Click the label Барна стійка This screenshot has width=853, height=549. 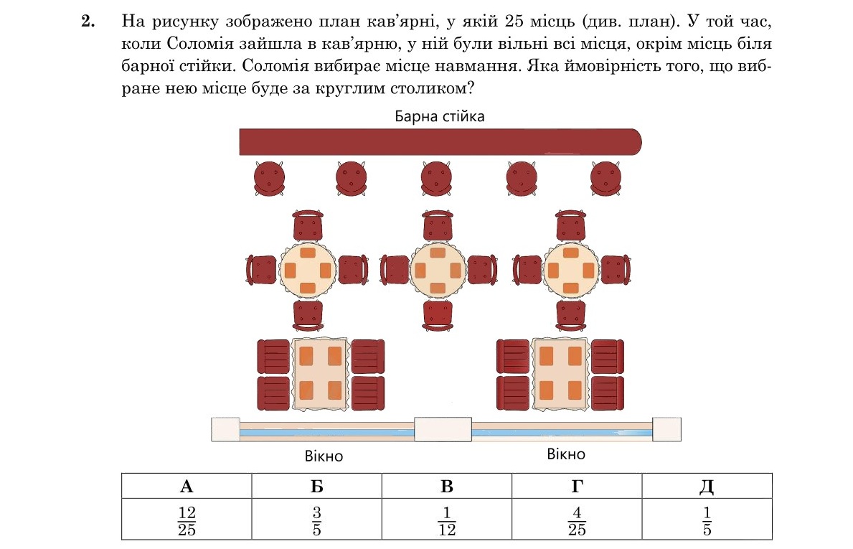pos(440,116)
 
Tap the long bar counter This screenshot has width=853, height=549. pos(439,141)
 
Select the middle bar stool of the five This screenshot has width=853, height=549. pos(436,177)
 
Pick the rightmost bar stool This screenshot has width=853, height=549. pos(605,177)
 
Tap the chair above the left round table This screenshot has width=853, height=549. pos(308,226)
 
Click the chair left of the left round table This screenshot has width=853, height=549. pos(262,270)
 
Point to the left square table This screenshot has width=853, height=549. pos(320,373)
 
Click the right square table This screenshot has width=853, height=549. pos(560,373)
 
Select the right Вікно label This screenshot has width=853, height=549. pos(566,454)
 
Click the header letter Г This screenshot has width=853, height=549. pos(576,486)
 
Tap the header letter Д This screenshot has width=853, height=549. pos(706,486)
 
